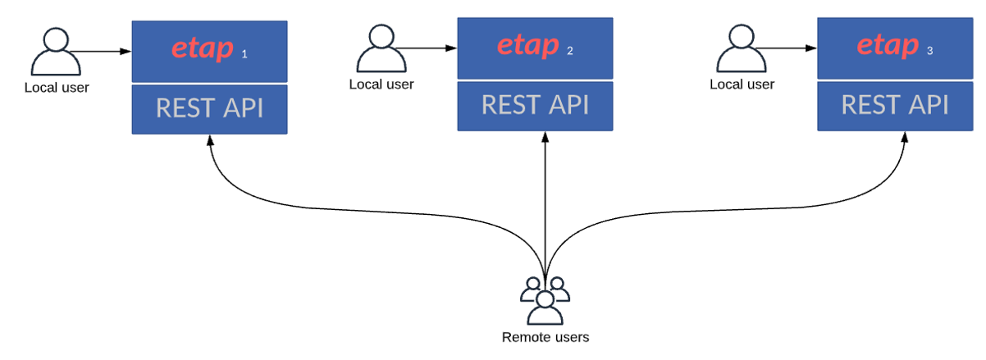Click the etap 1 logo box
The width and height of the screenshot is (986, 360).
tap(209, 51)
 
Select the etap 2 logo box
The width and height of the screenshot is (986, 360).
tap(535, 48)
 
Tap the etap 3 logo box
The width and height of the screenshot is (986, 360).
tap(895, 48)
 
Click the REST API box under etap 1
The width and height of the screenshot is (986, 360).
tap(209, 109)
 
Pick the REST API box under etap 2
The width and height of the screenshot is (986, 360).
tap(535, 106)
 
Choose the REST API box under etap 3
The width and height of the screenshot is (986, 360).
tap(895, 106)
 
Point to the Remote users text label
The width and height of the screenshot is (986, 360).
tap(545, 337)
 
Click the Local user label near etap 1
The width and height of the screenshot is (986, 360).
tap(56, 88)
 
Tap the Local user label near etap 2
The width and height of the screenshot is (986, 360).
tap(381, 84)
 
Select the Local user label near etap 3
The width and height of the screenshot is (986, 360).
tap(742, 84)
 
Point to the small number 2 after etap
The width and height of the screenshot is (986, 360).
tap(569, 51)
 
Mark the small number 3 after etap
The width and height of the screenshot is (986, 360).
tap(929, 51)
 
